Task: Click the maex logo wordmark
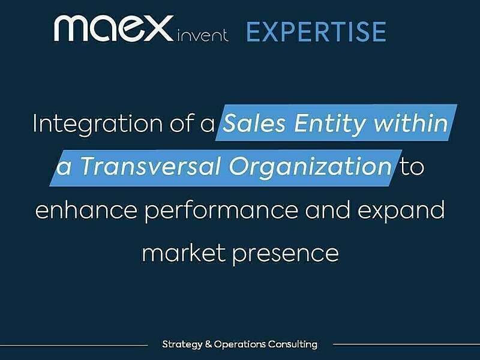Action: tap(114, 29)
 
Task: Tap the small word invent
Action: tap(203, 35)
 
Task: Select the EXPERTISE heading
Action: tap(316, 31)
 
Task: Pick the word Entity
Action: tap(335, 124)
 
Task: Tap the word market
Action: tap(182, 253)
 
